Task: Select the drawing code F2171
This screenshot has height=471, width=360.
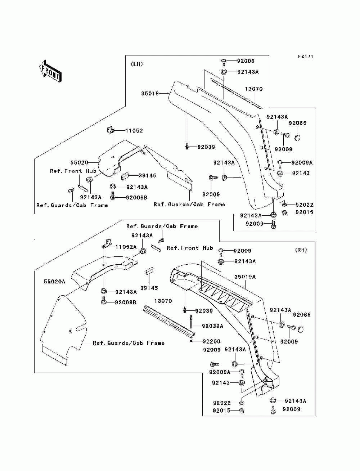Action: [x=306, y=57]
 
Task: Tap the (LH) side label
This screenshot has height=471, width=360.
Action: [x=137, y=64]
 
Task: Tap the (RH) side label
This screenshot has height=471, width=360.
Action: [x=301, y=250]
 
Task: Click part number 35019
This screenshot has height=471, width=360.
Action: [x=150, y=94]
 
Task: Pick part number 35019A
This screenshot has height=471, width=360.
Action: [x=245, y=277]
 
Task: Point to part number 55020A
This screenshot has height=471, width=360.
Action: [x=55, y=282]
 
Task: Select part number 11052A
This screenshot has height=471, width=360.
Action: [x=126, y=247]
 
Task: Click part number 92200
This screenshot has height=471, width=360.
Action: [x=212, y=341]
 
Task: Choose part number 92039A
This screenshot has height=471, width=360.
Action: [x=213, y=326]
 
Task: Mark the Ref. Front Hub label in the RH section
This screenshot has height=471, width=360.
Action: [x=190, y=248]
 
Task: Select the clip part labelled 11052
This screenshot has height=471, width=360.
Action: [x=111, y=130]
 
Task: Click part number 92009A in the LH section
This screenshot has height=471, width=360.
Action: [x=302, y=163]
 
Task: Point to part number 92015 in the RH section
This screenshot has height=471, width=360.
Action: [x=222, y=411]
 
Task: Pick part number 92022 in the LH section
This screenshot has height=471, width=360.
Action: [x=305, y=205]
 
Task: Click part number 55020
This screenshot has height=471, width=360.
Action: [x=79, y=163]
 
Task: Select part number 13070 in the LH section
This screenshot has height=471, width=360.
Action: [x=254, y=89]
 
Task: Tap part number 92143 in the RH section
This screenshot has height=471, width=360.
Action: [x=221, y=383]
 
